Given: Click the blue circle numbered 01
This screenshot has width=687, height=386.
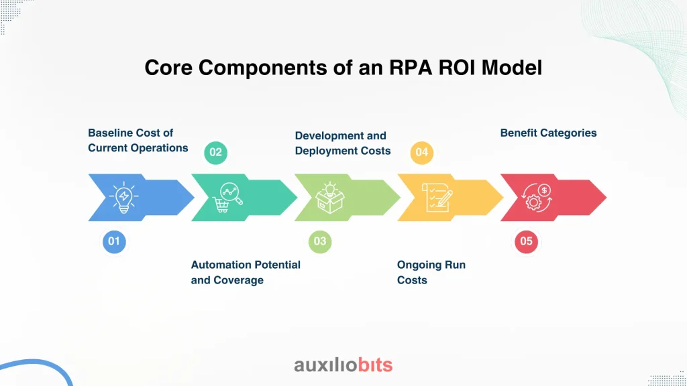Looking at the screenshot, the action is (114, 241).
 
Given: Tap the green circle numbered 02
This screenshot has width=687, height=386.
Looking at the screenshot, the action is (215, 152).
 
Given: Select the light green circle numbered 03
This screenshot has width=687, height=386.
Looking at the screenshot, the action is (320, 241).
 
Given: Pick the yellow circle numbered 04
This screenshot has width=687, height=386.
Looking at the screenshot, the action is (421, 152).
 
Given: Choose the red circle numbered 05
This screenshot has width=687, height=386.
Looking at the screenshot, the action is (526, 241).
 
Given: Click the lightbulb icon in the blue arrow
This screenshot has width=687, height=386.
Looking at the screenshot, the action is (124, 198).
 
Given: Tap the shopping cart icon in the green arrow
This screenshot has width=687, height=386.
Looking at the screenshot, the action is (227, 198).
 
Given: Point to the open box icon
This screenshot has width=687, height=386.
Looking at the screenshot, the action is (330, 198).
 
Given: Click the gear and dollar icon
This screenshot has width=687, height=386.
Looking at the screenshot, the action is (537, 198).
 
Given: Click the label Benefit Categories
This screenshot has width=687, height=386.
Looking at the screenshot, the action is (548, 133).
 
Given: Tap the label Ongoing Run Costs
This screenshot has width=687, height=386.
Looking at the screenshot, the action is (431, 272).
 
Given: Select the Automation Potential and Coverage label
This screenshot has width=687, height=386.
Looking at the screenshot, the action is (246, 272).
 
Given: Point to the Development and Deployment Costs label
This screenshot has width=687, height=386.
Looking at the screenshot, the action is (343, 143).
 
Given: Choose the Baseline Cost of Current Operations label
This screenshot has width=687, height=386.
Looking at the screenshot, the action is (138, 141).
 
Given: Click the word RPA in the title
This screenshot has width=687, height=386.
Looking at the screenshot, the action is (410, 68).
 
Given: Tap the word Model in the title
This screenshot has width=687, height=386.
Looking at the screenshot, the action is (512, 68).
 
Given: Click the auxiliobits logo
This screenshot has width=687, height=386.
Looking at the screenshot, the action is (343, 365).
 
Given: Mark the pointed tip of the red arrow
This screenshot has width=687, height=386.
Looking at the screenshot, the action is (606, 198).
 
